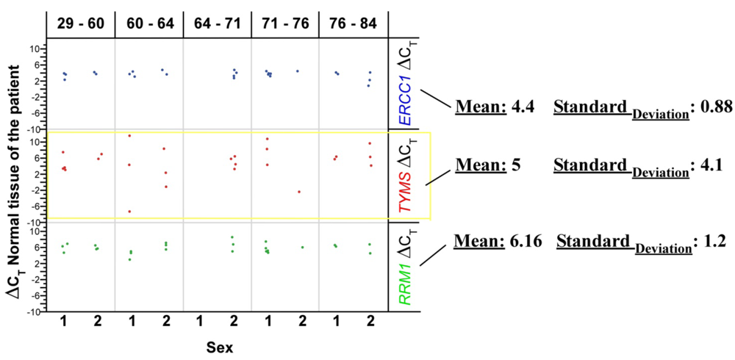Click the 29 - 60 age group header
pos(80,24)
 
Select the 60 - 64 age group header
pos(149,24)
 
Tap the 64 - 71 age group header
pos(218,24)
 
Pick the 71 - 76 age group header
pos(285,24)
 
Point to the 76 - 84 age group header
pos(354,24)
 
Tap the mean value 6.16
pos(527,241)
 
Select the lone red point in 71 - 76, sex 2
pos(298,192)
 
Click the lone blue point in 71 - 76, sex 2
pos(297,71)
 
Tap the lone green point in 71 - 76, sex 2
pos(302,248)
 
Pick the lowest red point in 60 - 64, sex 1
pos(129,212)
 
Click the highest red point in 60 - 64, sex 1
pos(129,136)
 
